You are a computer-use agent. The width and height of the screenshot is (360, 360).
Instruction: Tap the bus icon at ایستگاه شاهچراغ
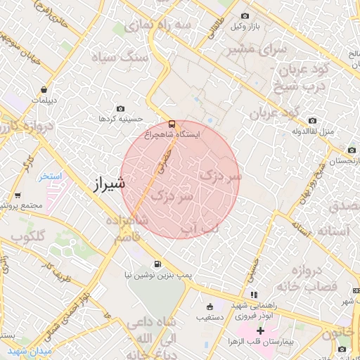[x=173, y=123]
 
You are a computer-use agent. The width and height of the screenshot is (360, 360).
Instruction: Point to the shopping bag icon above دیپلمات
[x=44, y=90]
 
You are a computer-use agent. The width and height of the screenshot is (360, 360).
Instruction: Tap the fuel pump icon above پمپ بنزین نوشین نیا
[x=155, y=265]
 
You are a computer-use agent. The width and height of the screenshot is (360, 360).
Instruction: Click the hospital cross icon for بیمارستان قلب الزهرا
[x=260, y=330]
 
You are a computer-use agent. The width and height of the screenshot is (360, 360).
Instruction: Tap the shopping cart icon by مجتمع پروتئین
[x=18, y=195]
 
